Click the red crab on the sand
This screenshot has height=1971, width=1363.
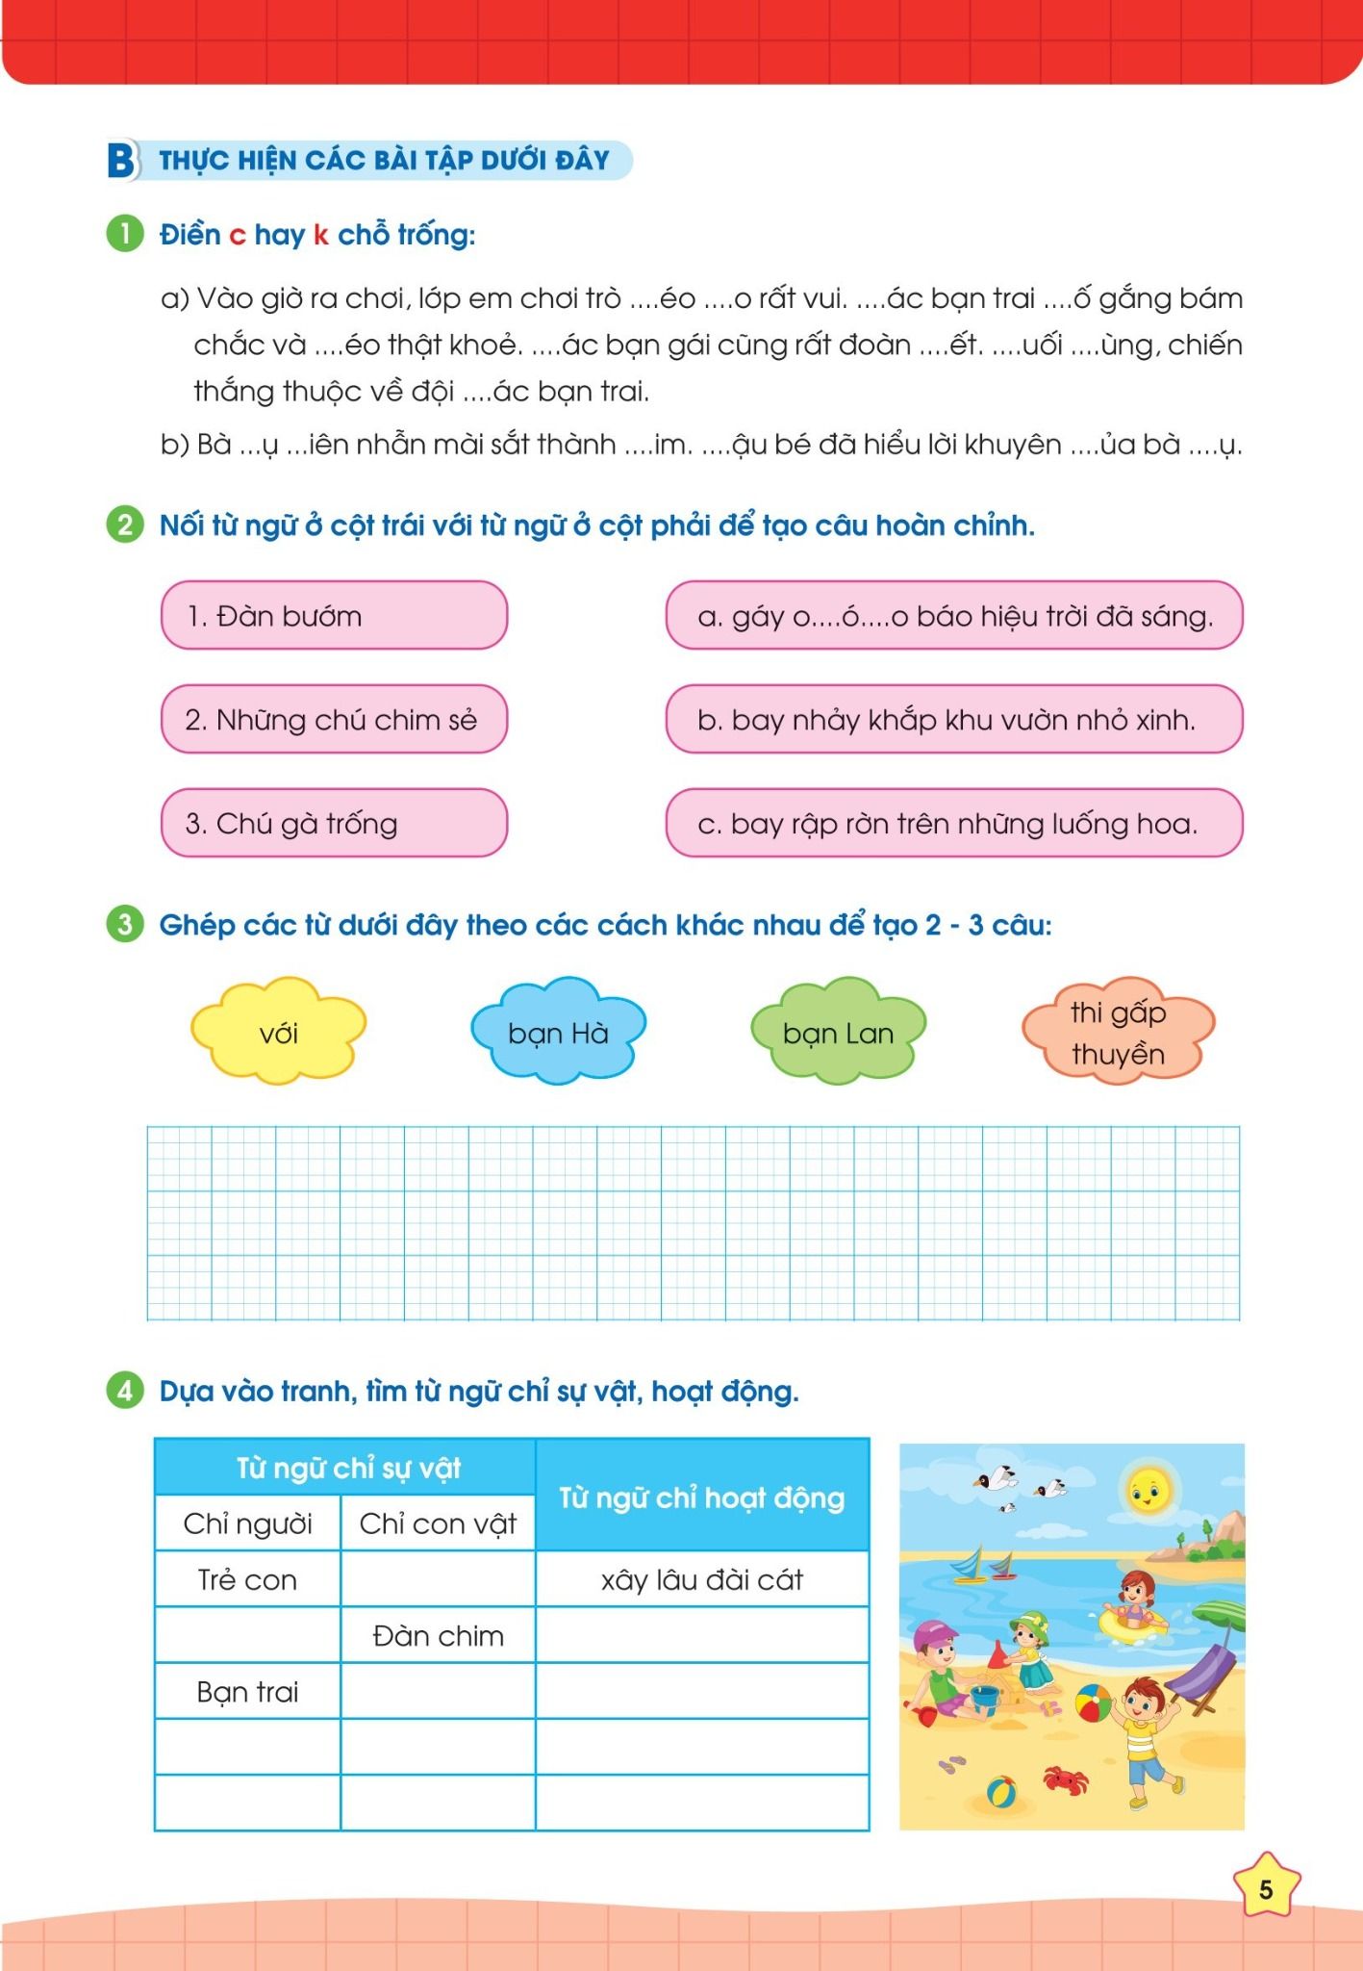tap(1062, 1779)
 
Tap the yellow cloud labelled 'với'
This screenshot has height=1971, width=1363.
tap(279, 1033)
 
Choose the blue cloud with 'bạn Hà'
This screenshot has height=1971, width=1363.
tap(558, 1033)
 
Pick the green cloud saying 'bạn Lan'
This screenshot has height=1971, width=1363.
tap(838, 1033)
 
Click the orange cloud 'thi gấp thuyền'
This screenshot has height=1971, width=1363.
tap(1118, 1033)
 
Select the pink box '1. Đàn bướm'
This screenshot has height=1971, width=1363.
tap(334, 616)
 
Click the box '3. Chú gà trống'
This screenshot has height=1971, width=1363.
tap(334, 823)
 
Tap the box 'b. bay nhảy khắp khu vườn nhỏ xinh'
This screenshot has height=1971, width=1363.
tap(953, 720)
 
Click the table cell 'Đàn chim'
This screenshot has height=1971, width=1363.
tap(438, 1635)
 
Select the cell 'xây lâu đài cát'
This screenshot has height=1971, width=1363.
tap(702, 1579)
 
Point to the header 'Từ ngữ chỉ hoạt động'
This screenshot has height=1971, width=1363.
tap(702, 1497)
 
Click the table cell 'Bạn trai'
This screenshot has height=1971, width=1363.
tap(247, 1691)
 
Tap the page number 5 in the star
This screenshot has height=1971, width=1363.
tap(1265, 1889)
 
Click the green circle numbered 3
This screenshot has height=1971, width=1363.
tap(124, 925)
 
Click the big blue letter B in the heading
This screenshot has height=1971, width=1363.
tap(121, 161)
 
